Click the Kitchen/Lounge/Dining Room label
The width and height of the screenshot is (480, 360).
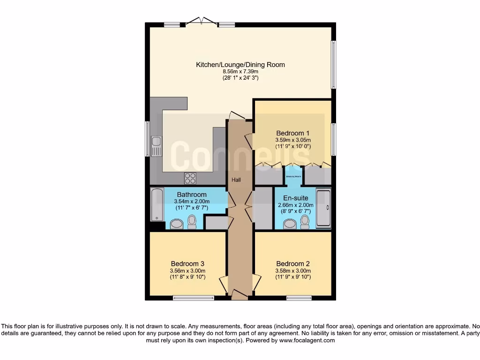240,65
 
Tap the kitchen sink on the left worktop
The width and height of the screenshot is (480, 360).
156,146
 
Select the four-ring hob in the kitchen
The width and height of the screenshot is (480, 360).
190,178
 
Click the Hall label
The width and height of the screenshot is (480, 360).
237,180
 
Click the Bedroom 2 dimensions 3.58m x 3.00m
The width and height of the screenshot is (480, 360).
293,270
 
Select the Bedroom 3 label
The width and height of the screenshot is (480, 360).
187,263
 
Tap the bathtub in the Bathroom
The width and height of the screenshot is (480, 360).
157,205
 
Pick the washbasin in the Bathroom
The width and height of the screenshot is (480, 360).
177,224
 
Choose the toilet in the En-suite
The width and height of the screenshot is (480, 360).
305,221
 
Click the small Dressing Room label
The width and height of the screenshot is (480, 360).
293,176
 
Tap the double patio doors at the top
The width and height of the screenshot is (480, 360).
201,21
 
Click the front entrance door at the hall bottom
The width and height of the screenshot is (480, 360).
240,295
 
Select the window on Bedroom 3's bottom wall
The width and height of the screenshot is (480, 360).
194,298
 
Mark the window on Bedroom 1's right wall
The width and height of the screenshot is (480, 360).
333,139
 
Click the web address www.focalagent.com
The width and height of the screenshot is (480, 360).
307,341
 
